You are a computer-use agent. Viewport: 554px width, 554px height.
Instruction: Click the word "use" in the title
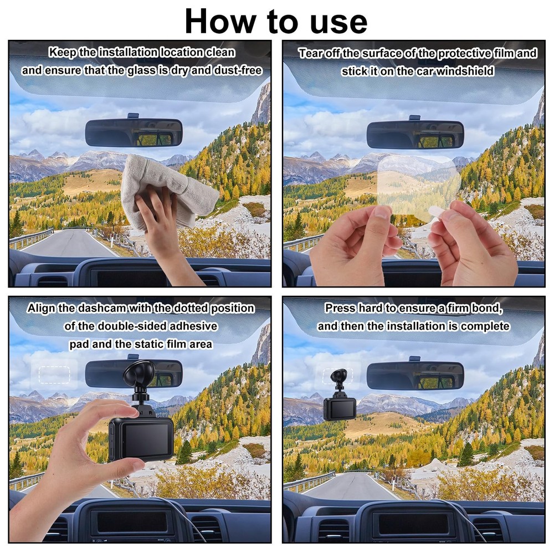pyautogui.click(x=338, y=22)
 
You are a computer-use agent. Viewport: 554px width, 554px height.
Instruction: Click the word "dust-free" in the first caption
pyautogui.click(x=238, y=70)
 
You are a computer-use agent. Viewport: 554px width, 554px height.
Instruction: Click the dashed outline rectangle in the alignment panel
pyautogui.click(x=54, y=375)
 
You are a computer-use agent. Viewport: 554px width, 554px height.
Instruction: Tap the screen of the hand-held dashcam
pyautogui.click(x=146, y=439)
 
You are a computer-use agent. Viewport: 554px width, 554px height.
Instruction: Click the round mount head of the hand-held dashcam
pyautogui.click(x=138, y=374)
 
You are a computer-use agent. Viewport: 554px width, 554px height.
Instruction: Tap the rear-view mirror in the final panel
pyautogui.click(x=415, y=376)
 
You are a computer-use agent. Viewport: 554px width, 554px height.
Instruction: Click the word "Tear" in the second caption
pyautogui.click(x=311, y=53)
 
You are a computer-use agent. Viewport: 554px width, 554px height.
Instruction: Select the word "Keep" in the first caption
pyautogui.click(x=63, y=52)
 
